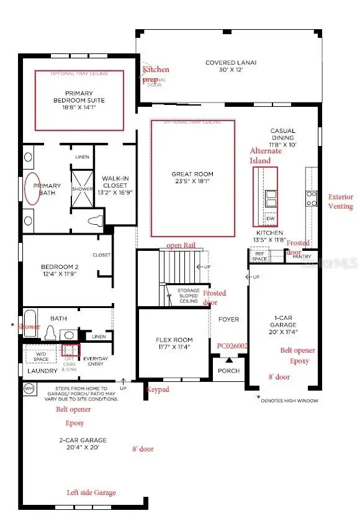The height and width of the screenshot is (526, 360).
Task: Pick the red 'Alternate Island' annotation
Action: tap(265, 156)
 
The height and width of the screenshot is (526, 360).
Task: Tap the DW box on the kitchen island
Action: tap(270, 219)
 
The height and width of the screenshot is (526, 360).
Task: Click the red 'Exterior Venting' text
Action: tap(340, 202)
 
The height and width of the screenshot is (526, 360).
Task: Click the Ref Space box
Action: tap(258, 256)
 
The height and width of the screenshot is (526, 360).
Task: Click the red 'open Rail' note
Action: tap(181, 245)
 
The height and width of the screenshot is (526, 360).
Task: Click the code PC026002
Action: tap(232, 346)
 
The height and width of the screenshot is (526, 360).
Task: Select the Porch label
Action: tap(228, 371)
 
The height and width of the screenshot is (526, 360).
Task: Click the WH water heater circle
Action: tap(29, 388)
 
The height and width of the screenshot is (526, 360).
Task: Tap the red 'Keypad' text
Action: tap(158, 390)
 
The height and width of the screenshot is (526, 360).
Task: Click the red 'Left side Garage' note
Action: tap(91, 492)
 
